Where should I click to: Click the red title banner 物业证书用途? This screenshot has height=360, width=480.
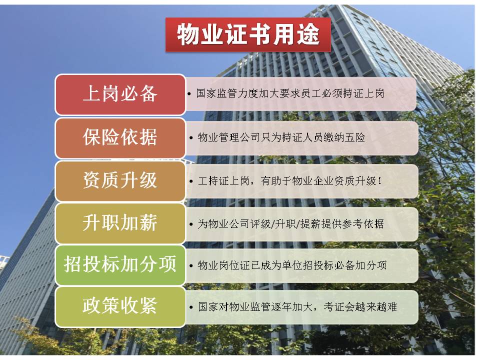tap(248, 34)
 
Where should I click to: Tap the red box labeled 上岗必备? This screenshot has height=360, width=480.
tap(120, 94)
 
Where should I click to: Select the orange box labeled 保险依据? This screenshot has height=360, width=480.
tap(120, 138)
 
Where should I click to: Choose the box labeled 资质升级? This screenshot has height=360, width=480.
tap(120, 181)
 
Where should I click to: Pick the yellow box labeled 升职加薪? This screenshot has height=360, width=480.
tap(120, 223)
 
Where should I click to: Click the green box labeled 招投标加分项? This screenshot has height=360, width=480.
tap(120, 265)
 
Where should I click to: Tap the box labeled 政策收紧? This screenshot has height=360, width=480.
tap(120, 306)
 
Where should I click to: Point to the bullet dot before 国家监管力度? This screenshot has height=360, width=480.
tap(189, 94)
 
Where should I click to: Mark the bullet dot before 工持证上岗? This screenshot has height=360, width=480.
tap(191, 181)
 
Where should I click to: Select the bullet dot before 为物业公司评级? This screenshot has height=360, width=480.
tap(191, 224)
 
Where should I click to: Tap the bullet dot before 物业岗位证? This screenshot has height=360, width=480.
tap(191, 265)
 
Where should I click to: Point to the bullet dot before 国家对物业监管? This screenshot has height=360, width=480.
tap(191, 307)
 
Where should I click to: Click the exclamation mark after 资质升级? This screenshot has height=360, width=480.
tap(380, 181)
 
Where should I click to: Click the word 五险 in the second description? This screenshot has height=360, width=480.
tap(355, 137)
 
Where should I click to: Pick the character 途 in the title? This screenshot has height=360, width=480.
tap(308, 34)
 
